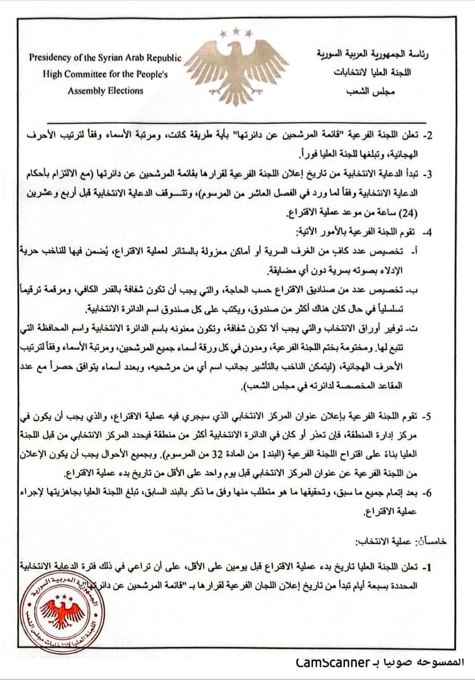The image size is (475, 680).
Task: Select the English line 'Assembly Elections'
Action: click(105, 90)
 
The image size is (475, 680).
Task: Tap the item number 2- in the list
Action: click(427, 135)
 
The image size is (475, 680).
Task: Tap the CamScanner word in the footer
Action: click(333, 662)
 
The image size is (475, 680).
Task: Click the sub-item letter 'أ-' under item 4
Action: click(428, 250)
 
